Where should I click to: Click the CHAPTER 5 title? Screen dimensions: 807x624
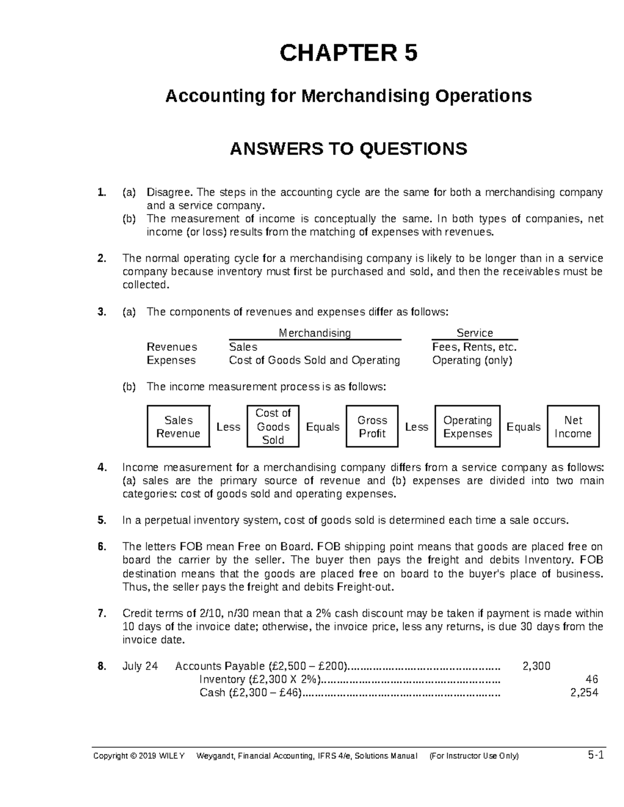coord(348,53)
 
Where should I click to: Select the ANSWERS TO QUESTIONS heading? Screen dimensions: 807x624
coord(348,149)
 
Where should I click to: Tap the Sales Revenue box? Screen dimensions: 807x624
coord(178,427)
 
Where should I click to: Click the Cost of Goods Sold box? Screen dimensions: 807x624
coord(273,427)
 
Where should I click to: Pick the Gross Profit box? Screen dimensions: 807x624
coord(372,427)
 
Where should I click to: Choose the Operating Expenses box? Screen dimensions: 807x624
coord(467,427)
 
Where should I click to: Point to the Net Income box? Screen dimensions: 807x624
coord(573,427)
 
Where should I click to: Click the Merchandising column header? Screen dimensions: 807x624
coord(315,333)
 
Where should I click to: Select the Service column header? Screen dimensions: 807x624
coord(474,333)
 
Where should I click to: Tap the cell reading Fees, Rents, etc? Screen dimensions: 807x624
coord(474,347)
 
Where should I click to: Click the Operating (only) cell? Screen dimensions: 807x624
coord(472,361)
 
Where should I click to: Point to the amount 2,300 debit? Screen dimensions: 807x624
coord(536,666)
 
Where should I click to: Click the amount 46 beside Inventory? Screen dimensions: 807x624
coord(591,680)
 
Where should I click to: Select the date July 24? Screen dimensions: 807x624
coord(140,666)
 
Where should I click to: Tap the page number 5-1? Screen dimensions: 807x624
coord(595,755)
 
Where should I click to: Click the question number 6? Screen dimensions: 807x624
coord(102,547)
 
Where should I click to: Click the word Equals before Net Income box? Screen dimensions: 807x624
coord(523,427)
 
